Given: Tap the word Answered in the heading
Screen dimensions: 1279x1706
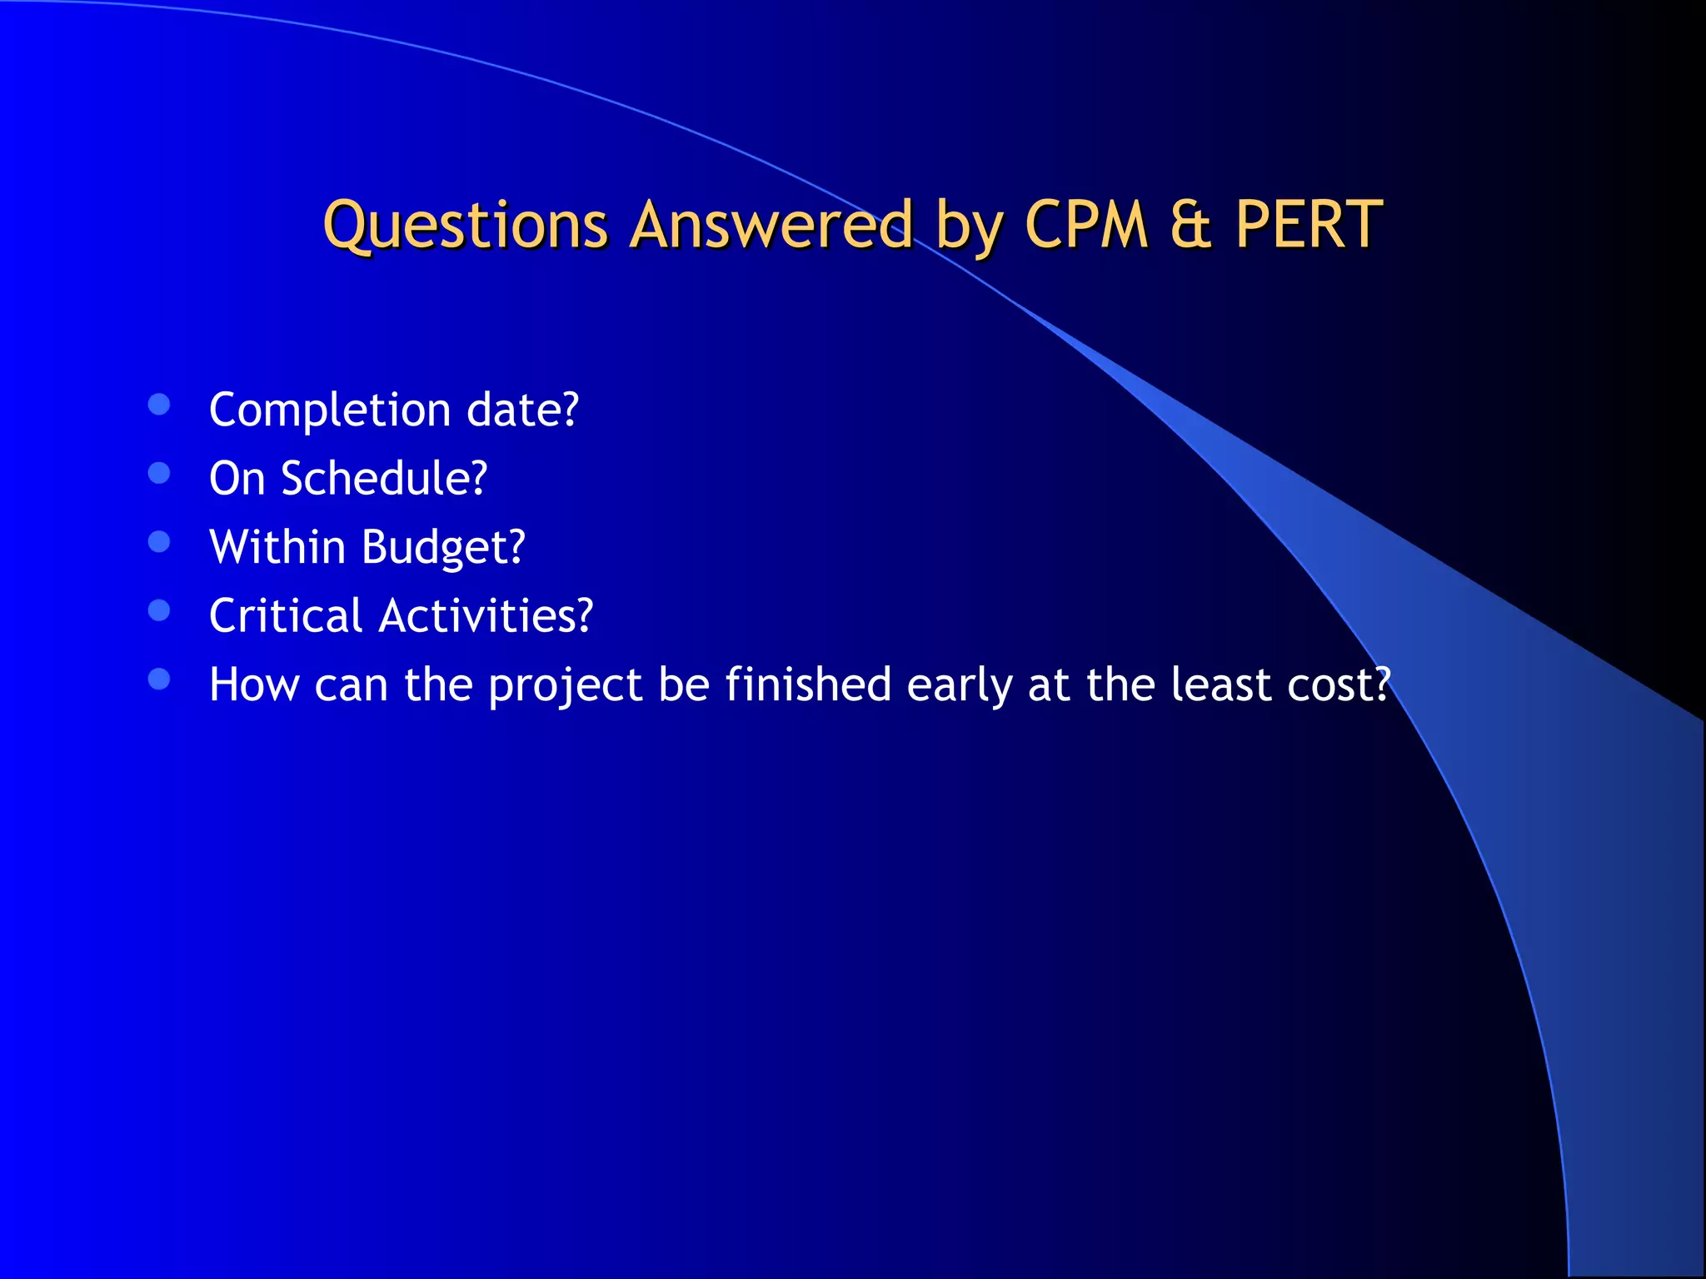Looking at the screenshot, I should [x=771, y=226].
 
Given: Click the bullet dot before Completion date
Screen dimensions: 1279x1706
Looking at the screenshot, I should [x=159, y=405].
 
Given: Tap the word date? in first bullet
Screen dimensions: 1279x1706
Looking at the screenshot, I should [x=522, y=410].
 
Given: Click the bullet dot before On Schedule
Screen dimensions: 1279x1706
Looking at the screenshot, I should [x=159, y=473].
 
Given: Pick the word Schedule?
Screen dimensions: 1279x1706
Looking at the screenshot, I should [x=384, y=479].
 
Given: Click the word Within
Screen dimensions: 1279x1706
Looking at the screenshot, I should [x=277, y=547].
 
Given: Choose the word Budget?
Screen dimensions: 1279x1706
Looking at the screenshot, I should [x=443, y=549].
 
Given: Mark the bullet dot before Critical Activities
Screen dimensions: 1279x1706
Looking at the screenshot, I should [x=159, y=610].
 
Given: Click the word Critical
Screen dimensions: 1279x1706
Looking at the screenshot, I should [x=286, y=616].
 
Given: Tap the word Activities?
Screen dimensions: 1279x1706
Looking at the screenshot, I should [x=486, y=616].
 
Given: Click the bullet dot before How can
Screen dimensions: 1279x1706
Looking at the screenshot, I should [x=159, y=679].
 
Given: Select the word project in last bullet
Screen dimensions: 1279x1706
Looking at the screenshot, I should [x=565, y=686].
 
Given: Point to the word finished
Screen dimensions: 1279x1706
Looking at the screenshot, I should [x=808, y=684].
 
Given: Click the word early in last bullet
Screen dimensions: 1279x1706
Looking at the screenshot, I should [x=959, y=686].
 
